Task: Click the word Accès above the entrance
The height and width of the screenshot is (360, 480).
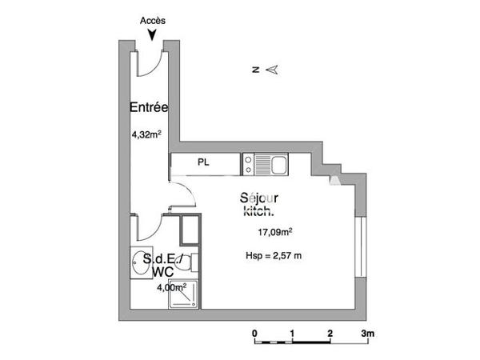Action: click(x=152, y=21)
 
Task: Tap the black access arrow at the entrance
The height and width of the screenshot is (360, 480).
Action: click(x=152, y=34)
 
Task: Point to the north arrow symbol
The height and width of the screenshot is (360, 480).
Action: click(x=272, y=70)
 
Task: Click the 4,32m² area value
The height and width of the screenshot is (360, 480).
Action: click(x=147, y=134)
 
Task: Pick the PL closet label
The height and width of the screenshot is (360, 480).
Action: click(x=205, y=162)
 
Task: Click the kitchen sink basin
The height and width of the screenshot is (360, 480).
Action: click(x=278, y=165)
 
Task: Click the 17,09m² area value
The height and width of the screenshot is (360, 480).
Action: click(x=274, y=233)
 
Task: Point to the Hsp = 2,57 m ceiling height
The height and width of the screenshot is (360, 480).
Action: click(x=273, y=256)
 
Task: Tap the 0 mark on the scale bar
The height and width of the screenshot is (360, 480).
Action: click(x=254, y=332)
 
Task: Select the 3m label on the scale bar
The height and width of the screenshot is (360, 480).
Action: click(x=368, y=332)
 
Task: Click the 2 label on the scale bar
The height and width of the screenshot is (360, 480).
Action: click(x=330, y=332)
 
